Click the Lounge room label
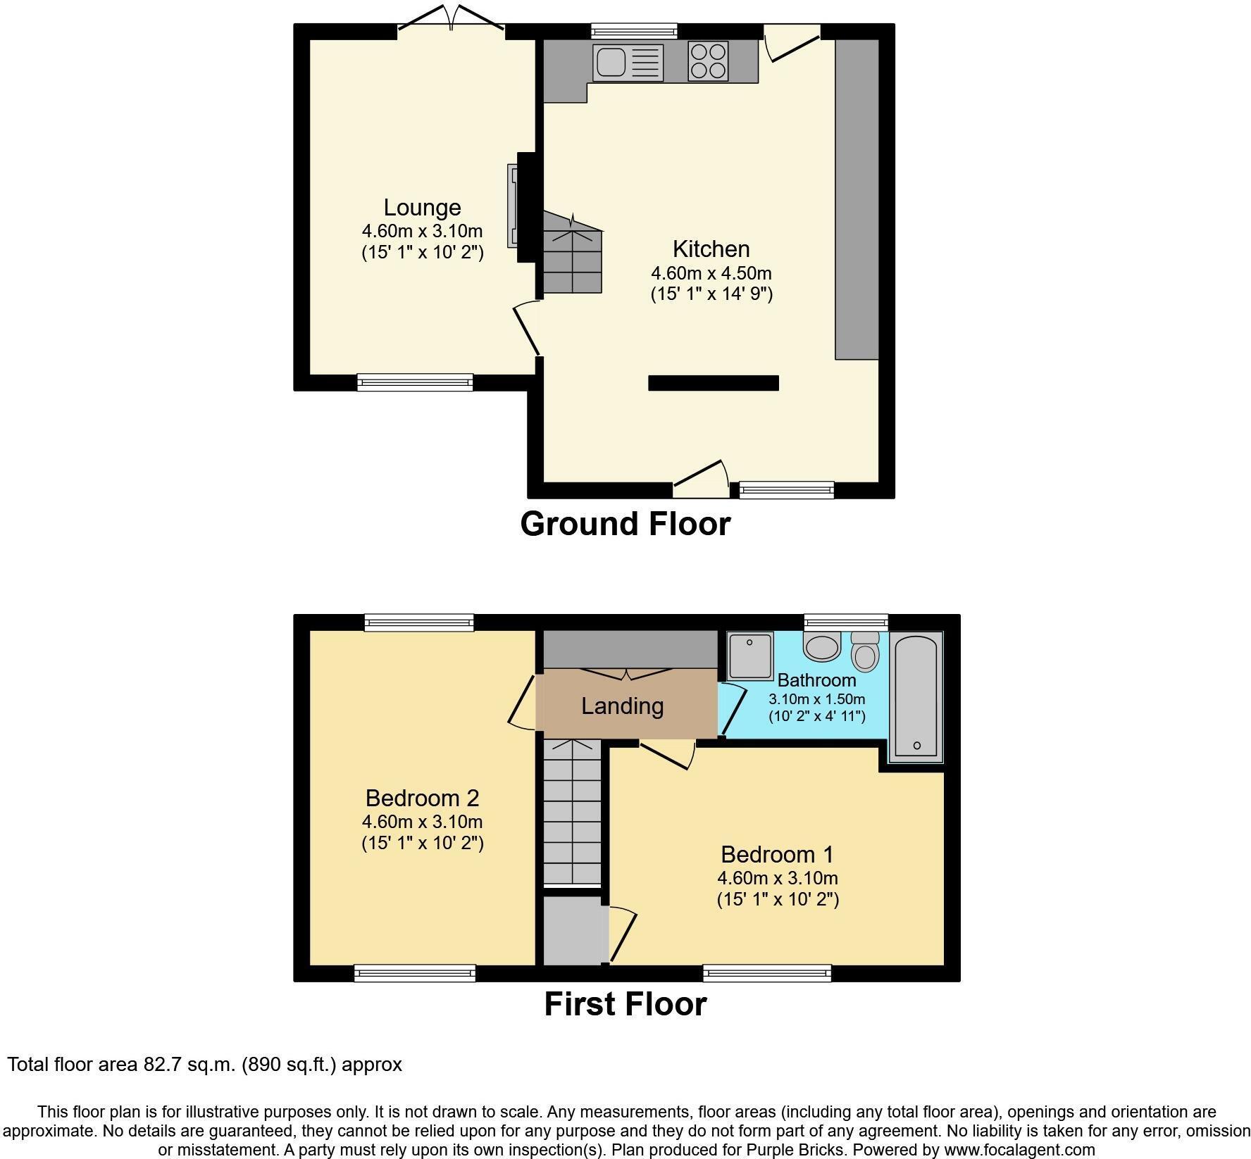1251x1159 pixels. click(x=422, y=208)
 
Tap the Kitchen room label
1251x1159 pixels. click(x=711, y=249)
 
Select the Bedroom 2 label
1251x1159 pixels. click(x=422, y=798)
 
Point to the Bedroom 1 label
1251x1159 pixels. click(x=777, y=855)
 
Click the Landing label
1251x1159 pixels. click(x=622, y=706)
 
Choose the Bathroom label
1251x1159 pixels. click(x=816, y=680)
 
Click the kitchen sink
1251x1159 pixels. click(x=628, y=62)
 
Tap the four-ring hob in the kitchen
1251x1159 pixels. click(x=708, y=62)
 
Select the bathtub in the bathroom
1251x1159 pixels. click(x=916, y=696)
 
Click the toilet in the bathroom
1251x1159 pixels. click(x=864, y=651)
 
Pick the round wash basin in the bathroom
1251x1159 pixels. click(x=822, y=646)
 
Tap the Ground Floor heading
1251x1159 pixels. click(x=625, y=525)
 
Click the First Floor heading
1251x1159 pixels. click(x=625, y=1004)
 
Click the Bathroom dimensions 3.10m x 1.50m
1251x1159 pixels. click(x=816, y=699)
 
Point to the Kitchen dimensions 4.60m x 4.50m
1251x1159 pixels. click(x=711, y=273)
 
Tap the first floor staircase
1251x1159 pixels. click(x=572, y=811)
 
